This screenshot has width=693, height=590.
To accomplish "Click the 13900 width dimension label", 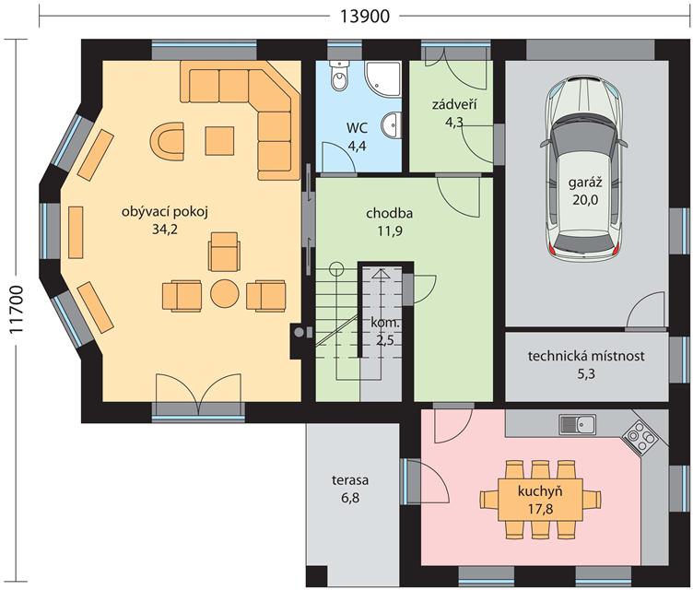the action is point(365,17).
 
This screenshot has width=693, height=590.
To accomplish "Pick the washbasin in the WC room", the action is point(392,125).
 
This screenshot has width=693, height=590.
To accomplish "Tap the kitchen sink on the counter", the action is point(577,424).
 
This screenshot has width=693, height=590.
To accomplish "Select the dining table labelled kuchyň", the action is point(540,499).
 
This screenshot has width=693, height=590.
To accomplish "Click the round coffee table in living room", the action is point(225,294).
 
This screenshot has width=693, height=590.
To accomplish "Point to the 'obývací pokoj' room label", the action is point(164,213).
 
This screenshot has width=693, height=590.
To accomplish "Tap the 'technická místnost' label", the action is point(586,356).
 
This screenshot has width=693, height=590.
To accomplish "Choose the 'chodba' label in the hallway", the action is point(390,214).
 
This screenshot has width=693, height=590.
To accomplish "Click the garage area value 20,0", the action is point(585,200).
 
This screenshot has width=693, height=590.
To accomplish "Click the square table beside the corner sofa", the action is point(219,141).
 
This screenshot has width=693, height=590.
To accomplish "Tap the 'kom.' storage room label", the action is point(385,324).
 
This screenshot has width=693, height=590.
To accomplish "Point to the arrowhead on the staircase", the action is point(380,273).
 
